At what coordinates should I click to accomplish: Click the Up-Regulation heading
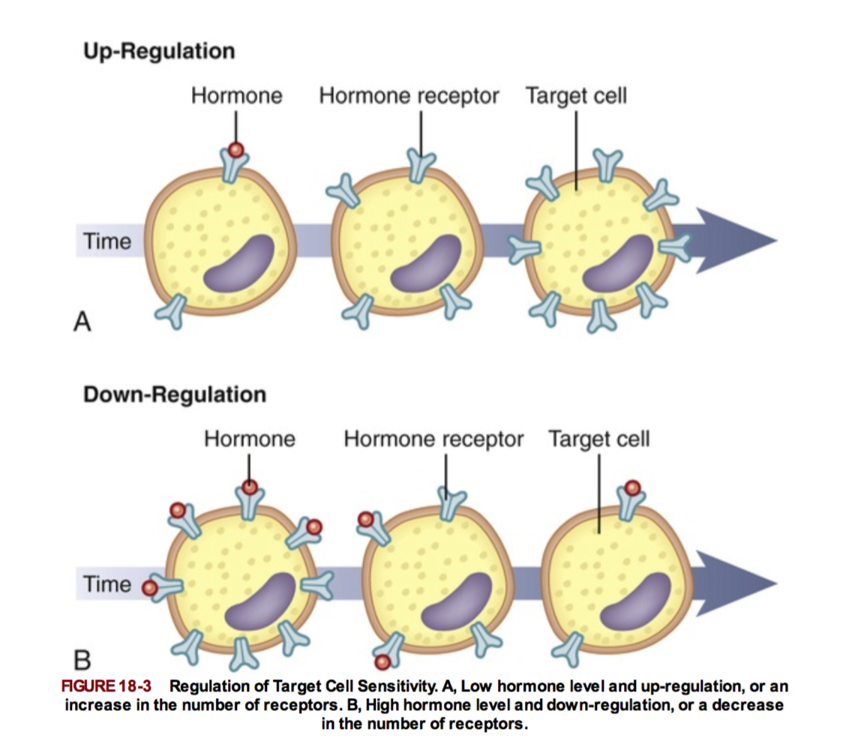tap(158, 51)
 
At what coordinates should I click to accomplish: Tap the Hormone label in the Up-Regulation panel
tap(236, 96)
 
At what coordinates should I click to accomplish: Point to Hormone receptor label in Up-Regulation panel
tap(409, 96)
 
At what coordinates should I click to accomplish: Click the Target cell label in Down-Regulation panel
tap(598, 439)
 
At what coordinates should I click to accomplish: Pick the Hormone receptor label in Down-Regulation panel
tap(433, 439)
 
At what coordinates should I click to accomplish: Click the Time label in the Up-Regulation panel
tap(106, 241)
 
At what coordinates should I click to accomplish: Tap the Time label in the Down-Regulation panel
tap(106, 584)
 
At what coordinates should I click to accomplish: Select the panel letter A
tap(82, 322)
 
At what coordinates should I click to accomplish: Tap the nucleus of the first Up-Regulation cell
tap(239, 263)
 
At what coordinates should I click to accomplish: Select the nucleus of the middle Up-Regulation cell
tap(427, 263)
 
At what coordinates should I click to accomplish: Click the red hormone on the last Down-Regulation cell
tap(633, 487)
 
